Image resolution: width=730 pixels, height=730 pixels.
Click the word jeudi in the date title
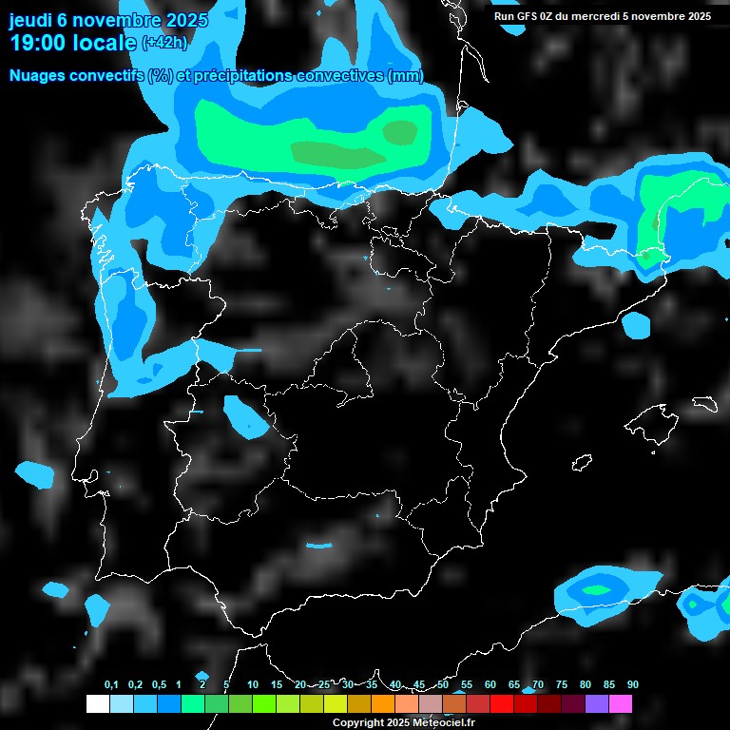[x=30, y=19]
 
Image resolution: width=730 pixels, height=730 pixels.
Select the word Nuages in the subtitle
[x=37, y=76]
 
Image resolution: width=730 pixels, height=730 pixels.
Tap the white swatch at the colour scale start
[x=97, y=704]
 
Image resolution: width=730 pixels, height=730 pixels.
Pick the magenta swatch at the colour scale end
[x=620, y=704]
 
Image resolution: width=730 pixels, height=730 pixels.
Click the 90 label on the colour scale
[x=632, y=685]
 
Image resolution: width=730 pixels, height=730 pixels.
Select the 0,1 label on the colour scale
[x=111, y=685]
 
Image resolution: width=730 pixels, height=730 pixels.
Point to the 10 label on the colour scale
[x=252, y=685]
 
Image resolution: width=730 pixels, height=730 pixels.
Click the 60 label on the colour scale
[x=490, y=685]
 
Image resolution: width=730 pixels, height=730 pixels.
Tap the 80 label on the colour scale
[x=585, y=685]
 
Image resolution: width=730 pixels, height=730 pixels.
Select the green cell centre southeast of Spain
[x=598, y=589]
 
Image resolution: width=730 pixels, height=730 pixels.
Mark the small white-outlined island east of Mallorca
[x=704, y=404]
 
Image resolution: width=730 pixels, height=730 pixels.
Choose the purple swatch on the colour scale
[x=596, y=704]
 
